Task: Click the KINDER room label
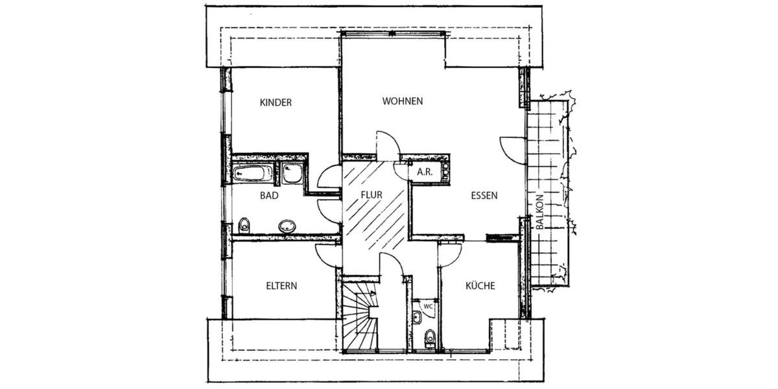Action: [276, 102]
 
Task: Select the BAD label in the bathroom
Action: [270, 194]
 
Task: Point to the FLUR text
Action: [373, 194]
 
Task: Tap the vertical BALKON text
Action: [539, 213]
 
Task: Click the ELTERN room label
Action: [281, 285]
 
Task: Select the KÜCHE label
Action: [480, 285]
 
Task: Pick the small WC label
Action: [428, 305]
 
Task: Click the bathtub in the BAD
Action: [253, 173]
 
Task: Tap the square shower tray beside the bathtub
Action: [292, 173]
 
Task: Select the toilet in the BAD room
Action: [244, 226]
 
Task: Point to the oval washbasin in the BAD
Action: [286, 226]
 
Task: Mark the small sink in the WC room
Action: [417, 317]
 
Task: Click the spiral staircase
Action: [360, 316]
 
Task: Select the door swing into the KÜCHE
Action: [450, 255]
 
